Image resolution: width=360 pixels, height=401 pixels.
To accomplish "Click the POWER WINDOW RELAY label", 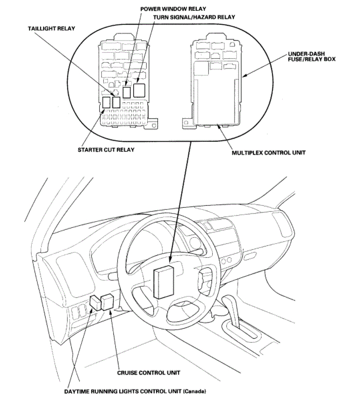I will (x=173, y=9).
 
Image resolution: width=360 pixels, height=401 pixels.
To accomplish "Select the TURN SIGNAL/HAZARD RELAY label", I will (x=194, y=17).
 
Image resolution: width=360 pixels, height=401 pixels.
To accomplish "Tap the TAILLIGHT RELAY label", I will (x=51, y=29).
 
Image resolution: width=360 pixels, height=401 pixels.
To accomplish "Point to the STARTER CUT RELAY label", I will (x=106, y=150).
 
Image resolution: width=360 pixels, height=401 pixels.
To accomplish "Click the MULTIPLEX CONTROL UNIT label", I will (x=269, y=153).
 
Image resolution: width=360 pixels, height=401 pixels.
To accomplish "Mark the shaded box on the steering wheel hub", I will (x=162, y=282).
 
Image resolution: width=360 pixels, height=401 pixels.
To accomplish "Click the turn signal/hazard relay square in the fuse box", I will (x=140, y=89).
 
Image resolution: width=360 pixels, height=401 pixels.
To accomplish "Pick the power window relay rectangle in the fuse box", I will (x=127, y=92).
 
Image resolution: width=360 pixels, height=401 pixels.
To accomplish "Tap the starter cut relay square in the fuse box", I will (x=106, y=102).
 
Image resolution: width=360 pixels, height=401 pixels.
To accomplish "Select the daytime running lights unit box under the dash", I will (x=95, y=303).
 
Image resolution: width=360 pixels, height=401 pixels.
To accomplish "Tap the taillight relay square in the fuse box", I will (x=116, y=102).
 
